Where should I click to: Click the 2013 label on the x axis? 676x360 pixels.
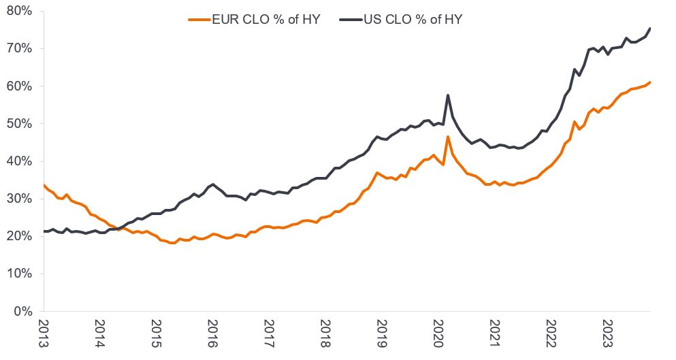coord(43,333)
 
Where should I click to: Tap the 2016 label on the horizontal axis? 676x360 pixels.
coord(212,333)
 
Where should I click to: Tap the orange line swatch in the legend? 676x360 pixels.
coord(202,20)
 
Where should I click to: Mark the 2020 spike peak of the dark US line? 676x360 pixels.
coord(447,95)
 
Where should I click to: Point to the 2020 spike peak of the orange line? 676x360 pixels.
coord(447,137)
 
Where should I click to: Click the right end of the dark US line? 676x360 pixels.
coord(650,28)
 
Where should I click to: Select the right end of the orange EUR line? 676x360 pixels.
coord(650,82)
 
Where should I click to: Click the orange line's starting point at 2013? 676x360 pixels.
coord(44,185)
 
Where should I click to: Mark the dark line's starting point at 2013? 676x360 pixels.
coord(44,231)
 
